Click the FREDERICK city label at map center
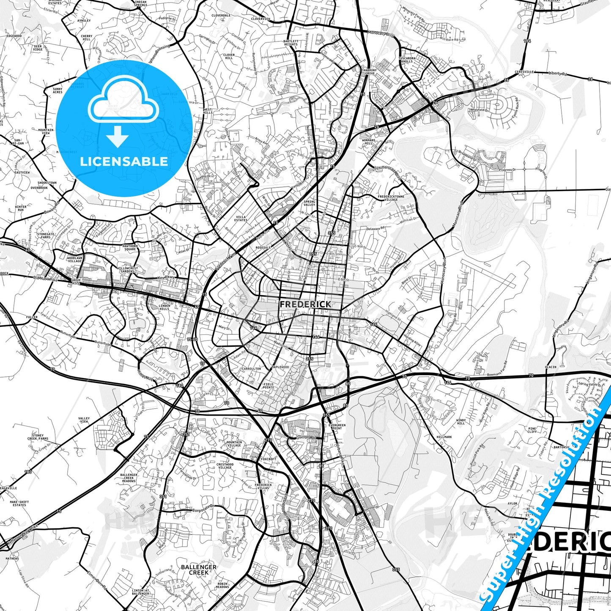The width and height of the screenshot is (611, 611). pyautogui.click(x=305, y=304)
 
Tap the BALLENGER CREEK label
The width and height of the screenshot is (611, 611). pyautogui.click(x=198, y=570)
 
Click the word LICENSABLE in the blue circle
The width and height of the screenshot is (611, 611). pyautogui.click(x=124, y=161)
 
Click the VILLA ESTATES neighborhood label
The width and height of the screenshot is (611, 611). pyautogui.click(x=241, y=218)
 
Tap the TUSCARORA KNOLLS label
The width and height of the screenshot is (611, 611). pyautogui.click(x=407, y=60)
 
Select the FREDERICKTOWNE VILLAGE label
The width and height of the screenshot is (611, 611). pyautogui.click(x=391, y=198)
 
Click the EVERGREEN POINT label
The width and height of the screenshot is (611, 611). pyautogui.click(x=337, y=427)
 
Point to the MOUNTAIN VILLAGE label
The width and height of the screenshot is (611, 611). pyautogui.click(x=234, y=444)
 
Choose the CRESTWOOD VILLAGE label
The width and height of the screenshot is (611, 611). pyautogui.click(x=225, y=466)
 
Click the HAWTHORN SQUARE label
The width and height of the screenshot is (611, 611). pyautogui.click(x=130, y=247)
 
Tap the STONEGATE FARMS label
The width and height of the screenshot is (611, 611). pyautogui.click(x=46, y=236)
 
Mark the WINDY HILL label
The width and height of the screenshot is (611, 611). pyautogui.click(x=460, y=422)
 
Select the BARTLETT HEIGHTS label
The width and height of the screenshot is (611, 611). pyautogui.click(x=291, y=43)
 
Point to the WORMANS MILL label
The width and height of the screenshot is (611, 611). pyautogui.click(x=368, y=142)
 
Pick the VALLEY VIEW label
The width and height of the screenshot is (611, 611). pyautogui.click(x=84, y=420)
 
